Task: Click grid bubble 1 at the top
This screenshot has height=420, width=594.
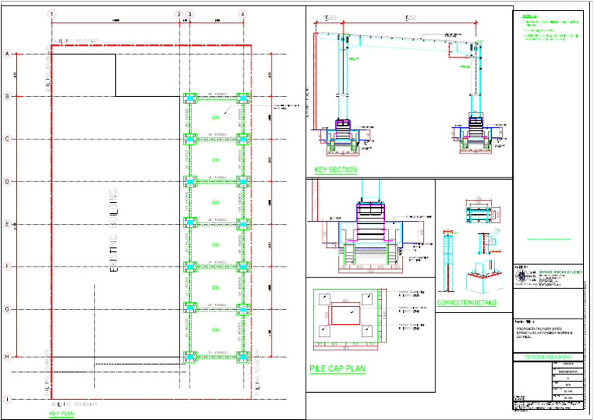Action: tap(51, 14)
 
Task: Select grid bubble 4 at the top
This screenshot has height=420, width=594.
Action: tap(243, 14)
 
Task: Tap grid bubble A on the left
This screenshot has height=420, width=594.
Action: tap(7, 54)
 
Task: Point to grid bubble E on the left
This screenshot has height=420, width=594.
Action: tap(7, 225)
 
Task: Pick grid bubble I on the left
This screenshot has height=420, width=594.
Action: tap(7, 400)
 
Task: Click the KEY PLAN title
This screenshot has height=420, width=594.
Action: tap(61, 414)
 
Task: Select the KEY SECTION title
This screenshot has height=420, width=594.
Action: tap(336, 170)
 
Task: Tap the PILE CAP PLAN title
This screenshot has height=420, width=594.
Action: tap(336, 369)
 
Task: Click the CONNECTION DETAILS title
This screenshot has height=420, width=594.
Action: tap(466, 302)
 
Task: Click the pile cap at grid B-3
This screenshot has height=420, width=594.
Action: tap(189, 98)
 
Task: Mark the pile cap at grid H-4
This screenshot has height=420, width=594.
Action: tap(243, 357)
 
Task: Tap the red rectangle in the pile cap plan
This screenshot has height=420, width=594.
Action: tap(345, 315)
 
